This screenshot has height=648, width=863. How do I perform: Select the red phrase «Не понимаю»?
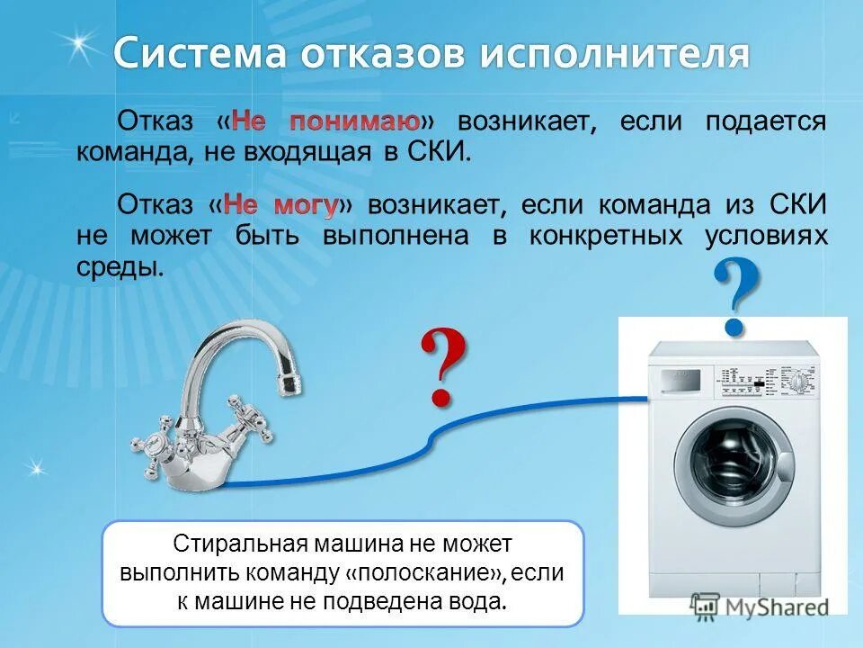(326, 121)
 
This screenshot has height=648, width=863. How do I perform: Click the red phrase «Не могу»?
(280, 205)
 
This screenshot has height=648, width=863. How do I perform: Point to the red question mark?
(442, 367)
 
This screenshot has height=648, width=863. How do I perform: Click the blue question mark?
(736, 295)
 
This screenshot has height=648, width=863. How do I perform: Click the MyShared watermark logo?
(760, 606)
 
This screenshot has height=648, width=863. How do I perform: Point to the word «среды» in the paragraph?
(120, 267)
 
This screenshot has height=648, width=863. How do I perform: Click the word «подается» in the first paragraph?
(765, 121)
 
